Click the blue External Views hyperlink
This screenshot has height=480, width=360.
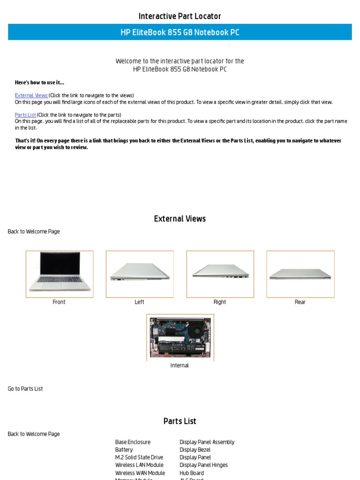click(31, 95)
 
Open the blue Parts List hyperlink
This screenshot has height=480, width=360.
click(25, 115)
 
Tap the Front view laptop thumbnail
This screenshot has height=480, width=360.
click(60, 274)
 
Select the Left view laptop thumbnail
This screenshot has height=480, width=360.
click(140, 274)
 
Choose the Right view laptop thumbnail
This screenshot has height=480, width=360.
click(220, 274)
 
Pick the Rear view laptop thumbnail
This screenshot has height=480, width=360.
click(300, 274)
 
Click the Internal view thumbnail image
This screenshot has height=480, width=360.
click(180, 337)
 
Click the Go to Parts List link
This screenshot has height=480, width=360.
click(25, 389)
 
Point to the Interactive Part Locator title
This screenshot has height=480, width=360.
click(180, 16)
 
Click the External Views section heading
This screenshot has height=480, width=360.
click(180, 219)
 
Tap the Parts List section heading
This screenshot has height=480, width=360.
click(180, 421)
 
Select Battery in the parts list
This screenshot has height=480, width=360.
click(124, 450)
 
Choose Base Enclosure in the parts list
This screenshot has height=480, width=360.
click(133, 442)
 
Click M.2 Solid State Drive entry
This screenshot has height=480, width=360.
click(139, 457)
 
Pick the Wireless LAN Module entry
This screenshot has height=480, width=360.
click(140, 465)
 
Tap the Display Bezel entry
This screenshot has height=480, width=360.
click(195, 450)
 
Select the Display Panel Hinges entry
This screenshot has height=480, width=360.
click(203, 465)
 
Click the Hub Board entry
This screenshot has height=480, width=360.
click(192, 473)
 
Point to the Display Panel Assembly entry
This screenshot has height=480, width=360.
click(207, 442)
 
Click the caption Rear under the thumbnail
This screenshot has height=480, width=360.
click(300, 302)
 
